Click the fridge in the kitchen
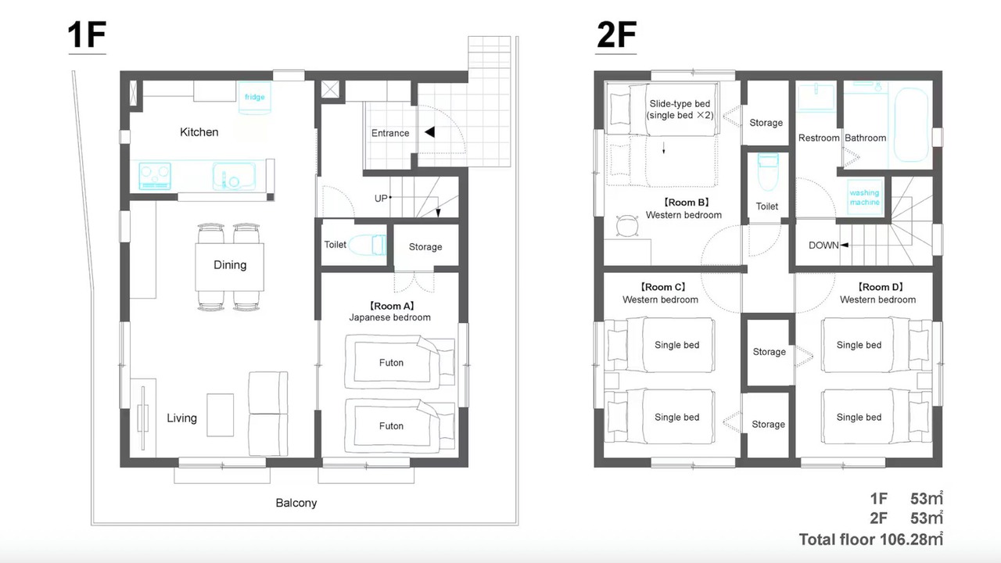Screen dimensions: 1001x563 [x=254, y=98]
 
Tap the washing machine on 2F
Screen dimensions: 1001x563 [x=865, y=197]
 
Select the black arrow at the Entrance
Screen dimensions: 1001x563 [x=429, y=132]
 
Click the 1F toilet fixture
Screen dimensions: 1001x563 [x=368, y=245]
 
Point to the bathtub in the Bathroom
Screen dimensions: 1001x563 [x=911, y=124]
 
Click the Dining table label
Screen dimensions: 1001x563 [x=230, y=265]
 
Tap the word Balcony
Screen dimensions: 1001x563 [x=296, y=503]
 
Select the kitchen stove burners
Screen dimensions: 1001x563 [x=155, y=176]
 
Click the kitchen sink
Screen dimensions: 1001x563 [x=234, y=176]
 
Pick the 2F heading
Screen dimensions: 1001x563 [x=617, y=35]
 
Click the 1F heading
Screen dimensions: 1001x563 [x=87, y=35]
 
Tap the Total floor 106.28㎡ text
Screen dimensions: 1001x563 [x=870, y=540]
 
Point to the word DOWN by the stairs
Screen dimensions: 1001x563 [x=823, y=246]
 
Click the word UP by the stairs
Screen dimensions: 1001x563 [x=381, y=199]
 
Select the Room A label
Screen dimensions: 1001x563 [x=391, y=306]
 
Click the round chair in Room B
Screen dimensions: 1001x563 [x=627, y=226]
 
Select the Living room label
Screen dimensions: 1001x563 [x=181, y=418]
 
